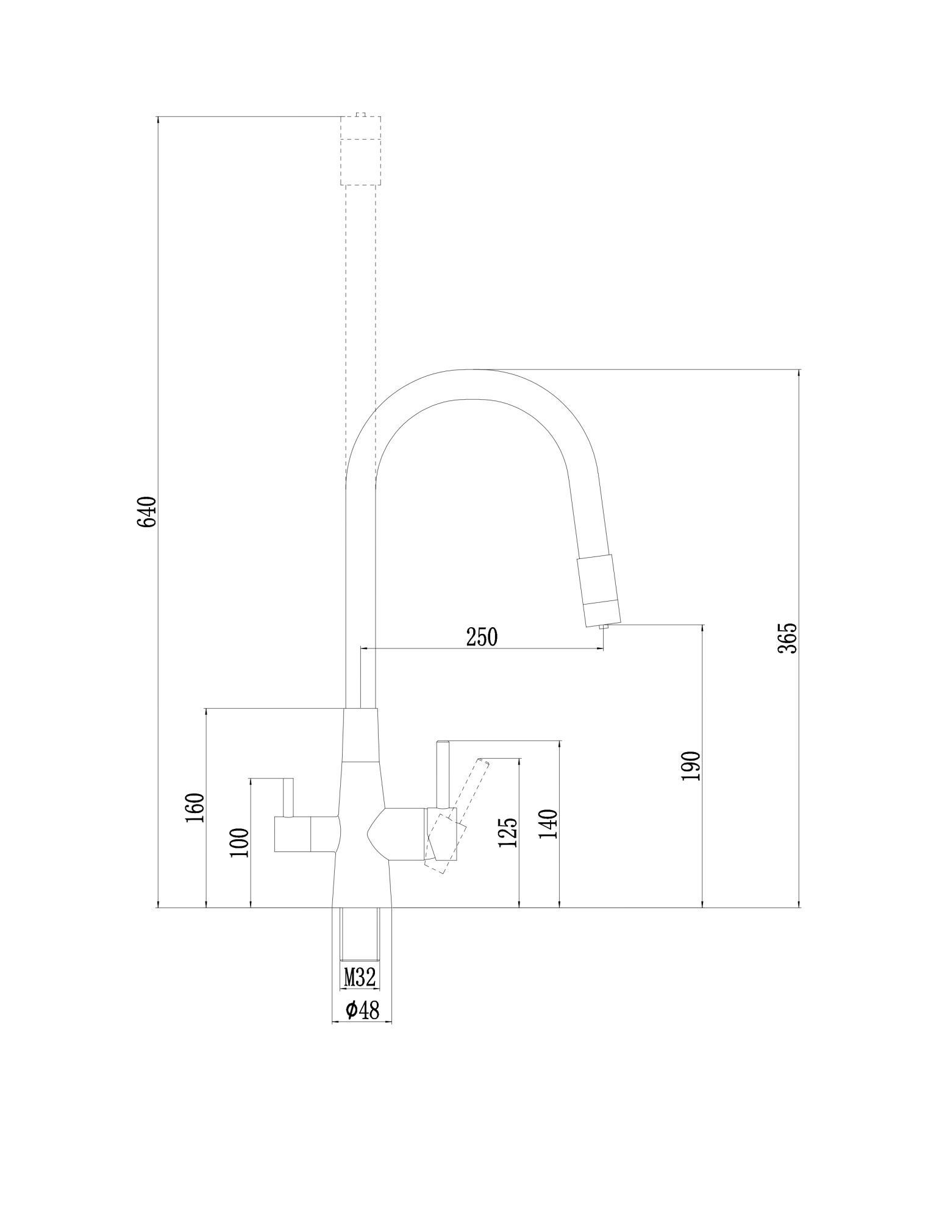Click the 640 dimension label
pos(147,513)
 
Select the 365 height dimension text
pos(787,638)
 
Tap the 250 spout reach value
pos(482,637)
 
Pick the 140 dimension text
pos(548,825)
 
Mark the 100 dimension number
pos(240,842)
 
